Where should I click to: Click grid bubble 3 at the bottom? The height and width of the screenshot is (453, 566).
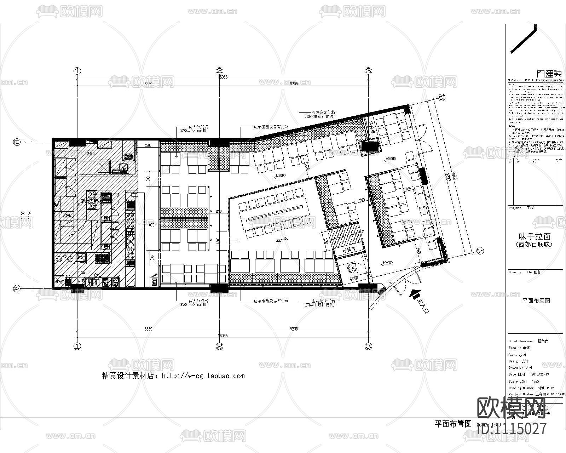click(369, 346)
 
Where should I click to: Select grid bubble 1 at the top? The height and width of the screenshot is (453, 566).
click(77, 70)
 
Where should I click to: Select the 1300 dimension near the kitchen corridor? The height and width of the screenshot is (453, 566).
click(148, 145)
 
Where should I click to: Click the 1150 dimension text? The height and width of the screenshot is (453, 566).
click(218, 211)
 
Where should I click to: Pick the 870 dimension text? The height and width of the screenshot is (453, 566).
click(152, 225)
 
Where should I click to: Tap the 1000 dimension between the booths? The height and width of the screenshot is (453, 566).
click(362, 200)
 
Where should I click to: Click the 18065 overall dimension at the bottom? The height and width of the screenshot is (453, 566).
click(223, 336)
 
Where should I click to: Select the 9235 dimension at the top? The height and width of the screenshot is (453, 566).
click(294, 84)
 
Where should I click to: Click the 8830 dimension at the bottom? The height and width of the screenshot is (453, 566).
click(148, 329)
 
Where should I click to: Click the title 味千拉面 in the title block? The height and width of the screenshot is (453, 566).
click(535, 236)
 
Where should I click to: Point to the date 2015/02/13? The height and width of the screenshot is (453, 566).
click(540, 374)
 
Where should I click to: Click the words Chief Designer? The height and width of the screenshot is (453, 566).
click(521, 341)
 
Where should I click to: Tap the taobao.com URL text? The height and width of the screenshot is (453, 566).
click(203, 376)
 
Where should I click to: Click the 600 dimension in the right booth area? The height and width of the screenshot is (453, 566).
click(408, 189)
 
